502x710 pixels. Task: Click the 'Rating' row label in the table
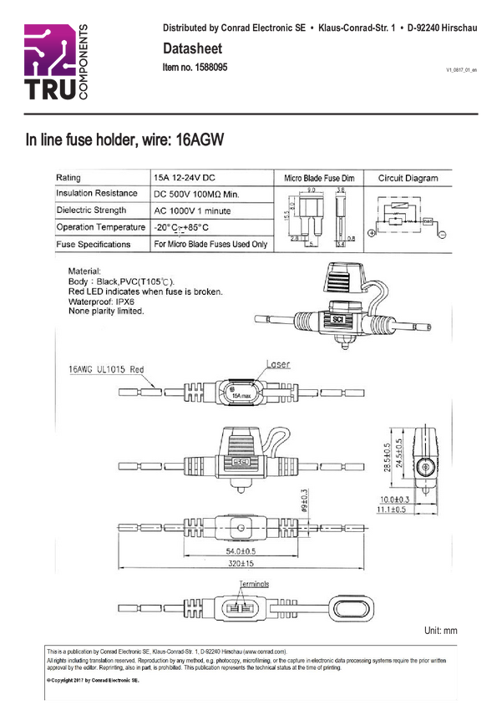(69, 178)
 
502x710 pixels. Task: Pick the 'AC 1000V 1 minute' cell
(192, 210)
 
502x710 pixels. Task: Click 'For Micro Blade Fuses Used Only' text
(210, 245)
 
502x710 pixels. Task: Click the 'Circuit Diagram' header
(408, 179)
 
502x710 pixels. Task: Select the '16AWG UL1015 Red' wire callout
(107, 368)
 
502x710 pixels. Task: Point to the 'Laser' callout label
(278, 365)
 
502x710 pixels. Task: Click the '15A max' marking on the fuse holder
(241, 395)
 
